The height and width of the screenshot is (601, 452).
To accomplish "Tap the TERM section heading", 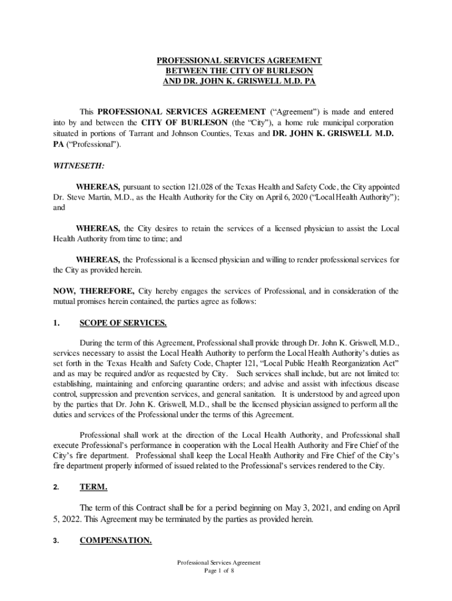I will (93, 487).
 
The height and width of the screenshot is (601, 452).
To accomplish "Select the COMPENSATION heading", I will (116, 541).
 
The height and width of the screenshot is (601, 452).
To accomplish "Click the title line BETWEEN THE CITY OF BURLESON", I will (239, 71).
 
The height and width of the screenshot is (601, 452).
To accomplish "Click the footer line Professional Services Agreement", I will (219, 562).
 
